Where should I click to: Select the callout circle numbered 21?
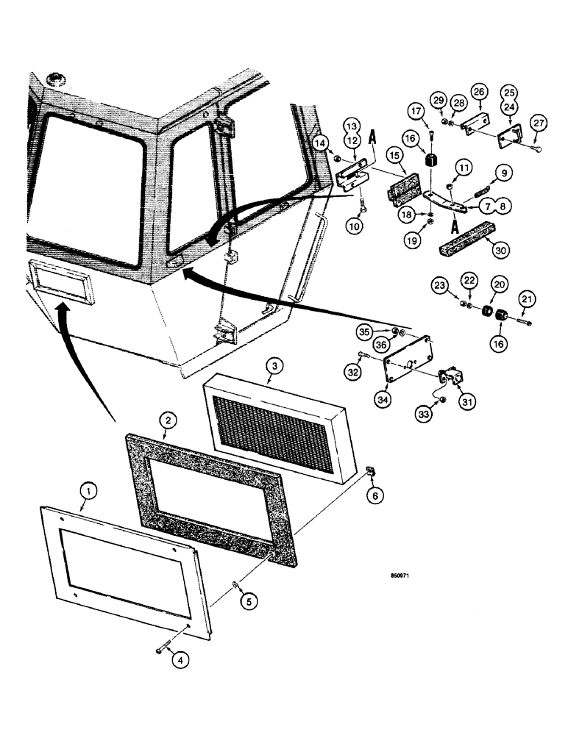click(x=528, y=299)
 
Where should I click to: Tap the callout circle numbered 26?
click(x=480, y=93)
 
